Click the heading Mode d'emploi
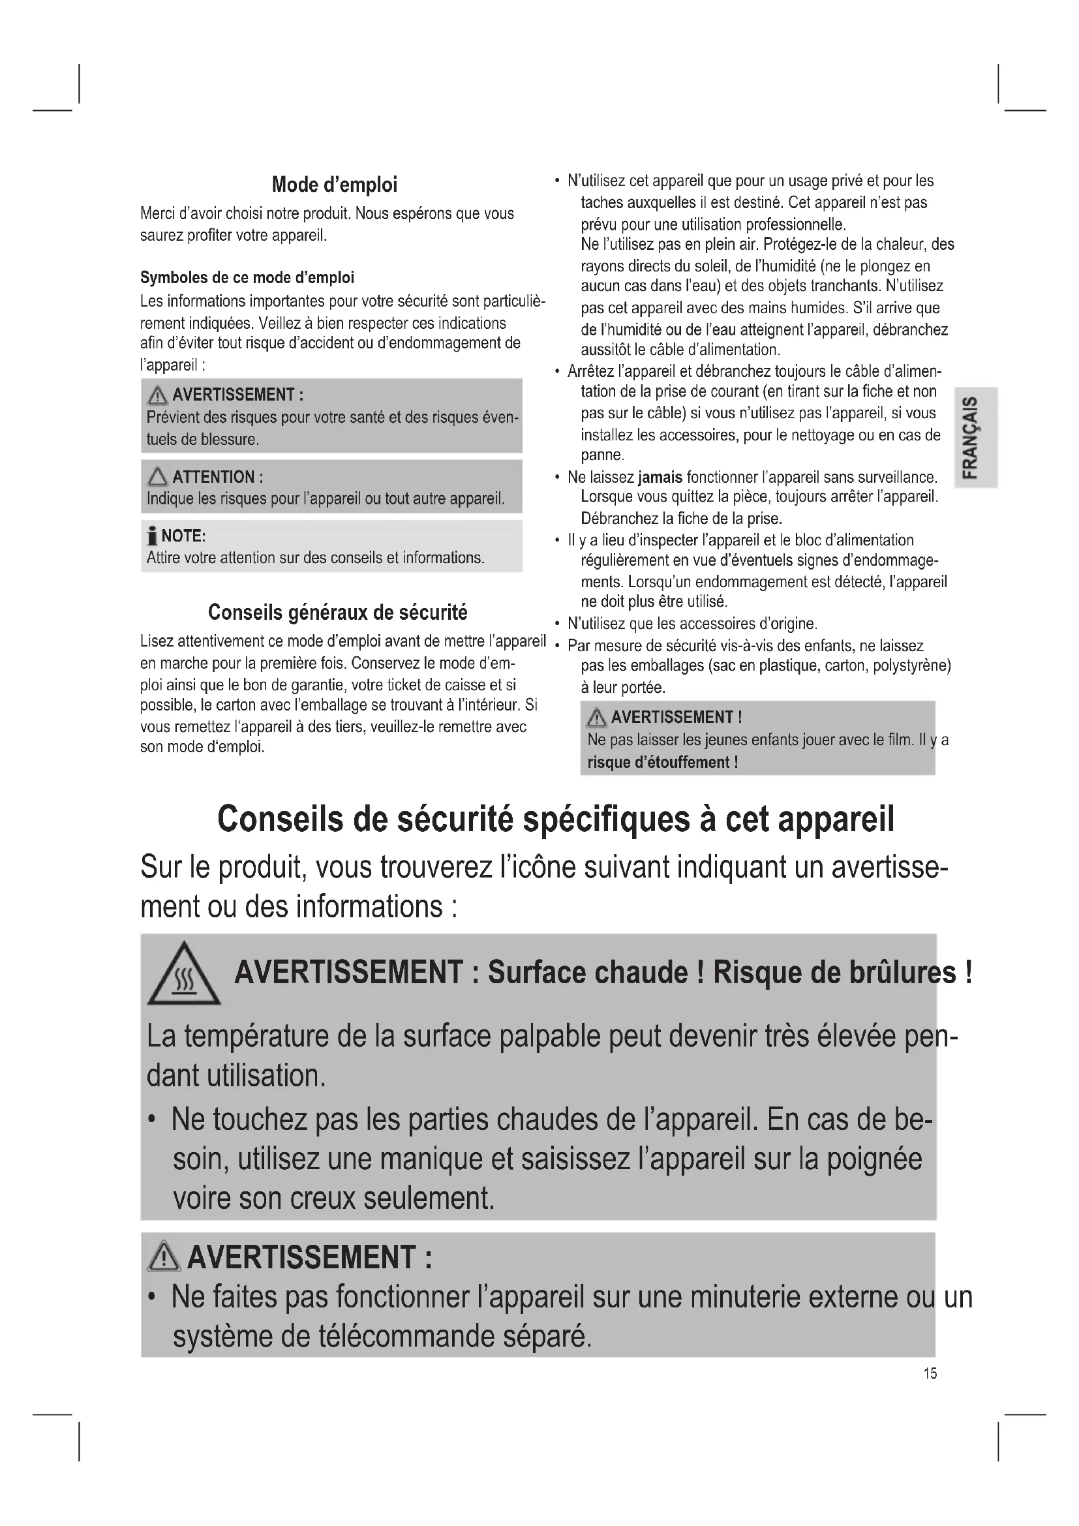click(x=334, y=185)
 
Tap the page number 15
click(x=930, y=1373)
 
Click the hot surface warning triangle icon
click(x=184, y=975)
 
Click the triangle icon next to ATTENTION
click(x=157, y=476)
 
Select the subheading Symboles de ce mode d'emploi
click(x=247, y=277)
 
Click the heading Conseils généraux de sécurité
click(x=337, y=612)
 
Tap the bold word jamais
click(x=660, y=477)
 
